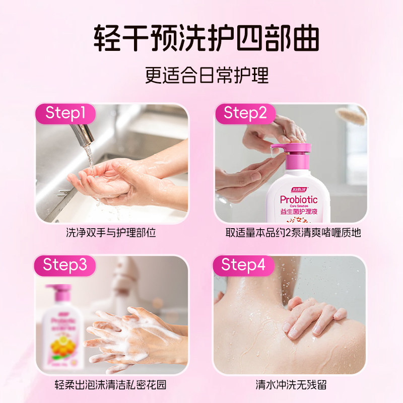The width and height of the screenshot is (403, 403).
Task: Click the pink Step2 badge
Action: [x=245, y=113]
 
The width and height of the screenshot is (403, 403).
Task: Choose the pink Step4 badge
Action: [x=243, y=265]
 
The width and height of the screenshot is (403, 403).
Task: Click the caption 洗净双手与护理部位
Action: [x=112, y=233]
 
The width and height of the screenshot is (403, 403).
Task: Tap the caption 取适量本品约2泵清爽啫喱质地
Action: [x=293, y=233]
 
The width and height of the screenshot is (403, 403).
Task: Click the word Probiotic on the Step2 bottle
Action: [x=298, y=199]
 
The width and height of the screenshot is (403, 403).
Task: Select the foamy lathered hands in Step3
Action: [x=131, y=335]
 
